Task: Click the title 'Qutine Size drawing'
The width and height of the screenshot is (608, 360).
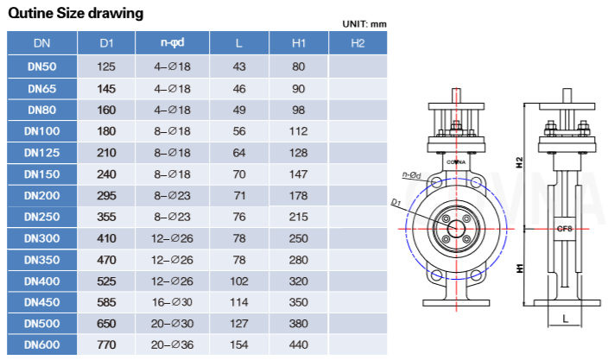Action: (x=75, y=14)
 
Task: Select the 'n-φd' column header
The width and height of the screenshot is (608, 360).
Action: (x=172, y=42)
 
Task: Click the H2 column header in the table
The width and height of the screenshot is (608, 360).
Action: (x=358, y=42)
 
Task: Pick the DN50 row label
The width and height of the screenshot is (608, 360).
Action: (x=41, y=66)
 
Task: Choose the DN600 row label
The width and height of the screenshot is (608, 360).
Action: (x=41, y=344)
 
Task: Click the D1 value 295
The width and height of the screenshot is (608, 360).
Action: (x=106, y=195)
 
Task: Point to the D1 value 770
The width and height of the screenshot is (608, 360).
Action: (x=106, y=344)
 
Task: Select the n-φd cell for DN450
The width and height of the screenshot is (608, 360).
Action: (x=172, y=302)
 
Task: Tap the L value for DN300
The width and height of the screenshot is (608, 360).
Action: (x=239, y=237)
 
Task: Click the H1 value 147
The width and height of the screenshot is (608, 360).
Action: (x=299, y=174)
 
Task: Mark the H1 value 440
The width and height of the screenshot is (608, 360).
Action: (x=299, y=344)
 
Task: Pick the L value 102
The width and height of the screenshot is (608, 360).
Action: (x=239, y=281)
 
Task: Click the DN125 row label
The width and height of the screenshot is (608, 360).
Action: (x=41, y=152)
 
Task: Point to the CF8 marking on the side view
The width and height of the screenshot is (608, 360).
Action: (x=564, y=229)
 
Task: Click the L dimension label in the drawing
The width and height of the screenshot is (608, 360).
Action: (x=565, y=319)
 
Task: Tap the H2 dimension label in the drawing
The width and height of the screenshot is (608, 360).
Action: (x=519, y=161)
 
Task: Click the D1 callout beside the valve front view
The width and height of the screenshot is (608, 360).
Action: (x=397, y=203)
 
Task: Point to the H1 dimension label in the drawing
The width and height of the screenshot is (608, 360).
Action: (x=519, y=268)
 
